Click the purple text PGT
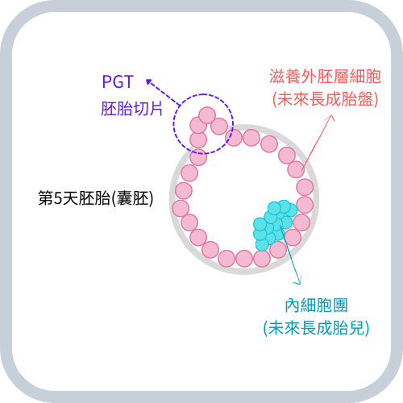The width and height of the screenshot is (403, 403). (118, 81)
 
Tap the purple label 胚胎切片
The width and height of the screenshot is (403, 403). (132, 109)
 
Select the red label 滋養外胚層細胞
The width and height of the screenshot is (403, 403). (325, 77)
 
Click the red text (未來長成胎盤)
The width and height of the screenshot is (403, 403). (326, 99)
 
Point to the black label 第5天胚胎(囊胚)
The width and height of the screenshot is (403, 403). (96, 198)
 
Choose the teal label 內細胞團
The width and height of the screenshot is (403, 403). (316, 305)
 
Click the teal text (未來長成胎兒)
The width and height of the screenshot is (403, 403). (316, 328)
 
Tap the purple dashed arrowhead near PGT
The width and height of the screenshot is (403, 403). (148, 81)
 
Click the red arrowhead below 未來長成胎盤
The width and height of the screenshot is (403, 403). (332, 118)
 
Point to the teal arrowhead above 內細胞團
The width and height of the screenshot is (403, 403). (297, 281)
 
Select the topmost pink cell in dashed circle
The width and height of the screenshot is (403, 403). (207, 115)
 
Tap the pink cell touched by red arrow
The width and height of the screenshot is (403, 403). (296, 169)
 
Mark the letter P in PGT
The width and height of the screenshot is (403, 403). (107, 82)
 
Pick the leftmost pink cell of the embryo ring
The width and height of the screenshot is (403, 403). (181, 208)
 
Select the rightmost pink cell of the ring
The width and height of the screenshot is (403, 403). (305, 187)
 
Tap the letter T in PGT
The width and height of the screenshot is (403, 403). (129, 82)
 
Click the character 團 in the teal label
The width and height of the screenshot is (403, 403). (340, 305)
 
